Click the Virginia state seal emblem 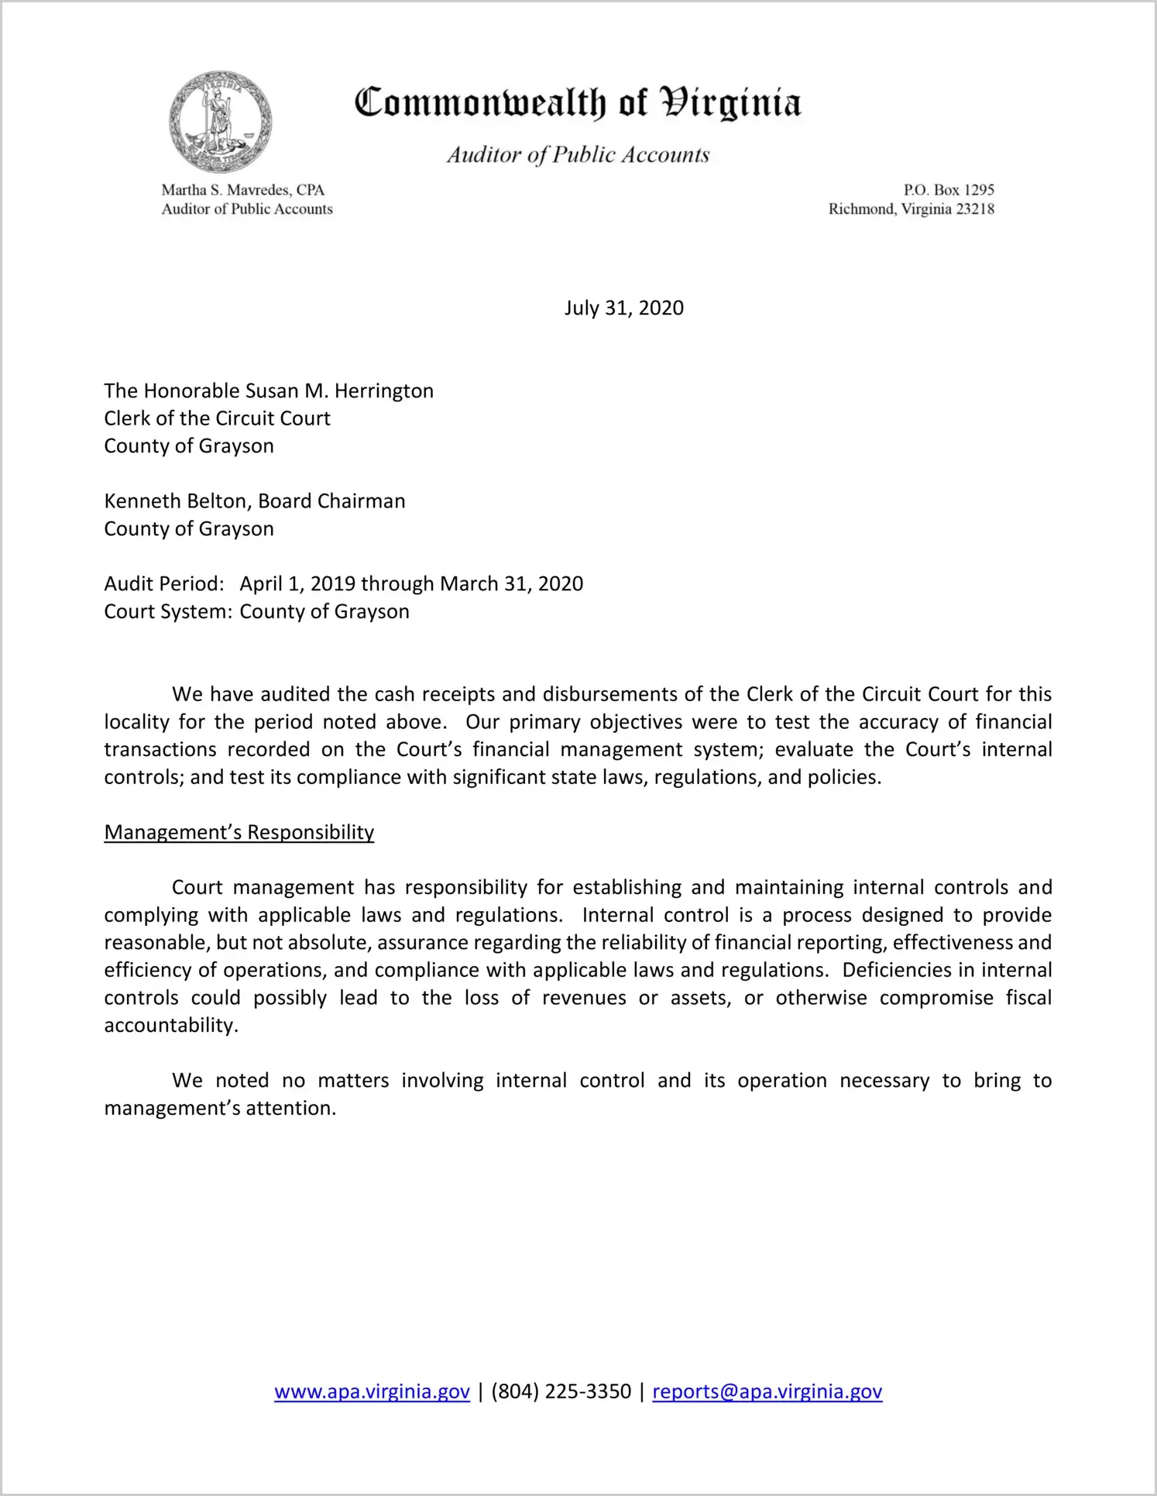pyautogui.click(x=221, y=122)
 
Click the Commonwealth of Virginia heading pyautogui.click(x=578, y=103)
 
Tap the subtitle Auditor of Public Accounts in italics pyautogui.click(x=578, y=155)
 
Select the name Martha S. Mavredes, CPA pyautogui.click(x=242, y=190)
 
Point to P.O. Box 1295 pyautogui.click(x=949, y=190)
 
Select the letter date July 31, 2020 pyautogui.click(x=623, y=308)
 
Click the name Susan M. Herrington pyautogui.click(x=339, y=390)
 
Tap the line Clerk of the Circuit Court pyautogui.click(x=218, y=418)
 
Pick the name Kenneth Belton pyautogui.click(x=176, y=501)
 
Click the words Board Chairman pyautogui.click(x=331, y=501)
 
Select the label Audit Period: pyautogui.click(x=164, y=583)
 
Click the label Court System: pyautogui.click(x=168, y=611)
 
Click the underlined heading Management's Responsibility pyautogui.click(x=239, y=832)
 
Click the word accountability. pyautogui.click(x=170, y=1026)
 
